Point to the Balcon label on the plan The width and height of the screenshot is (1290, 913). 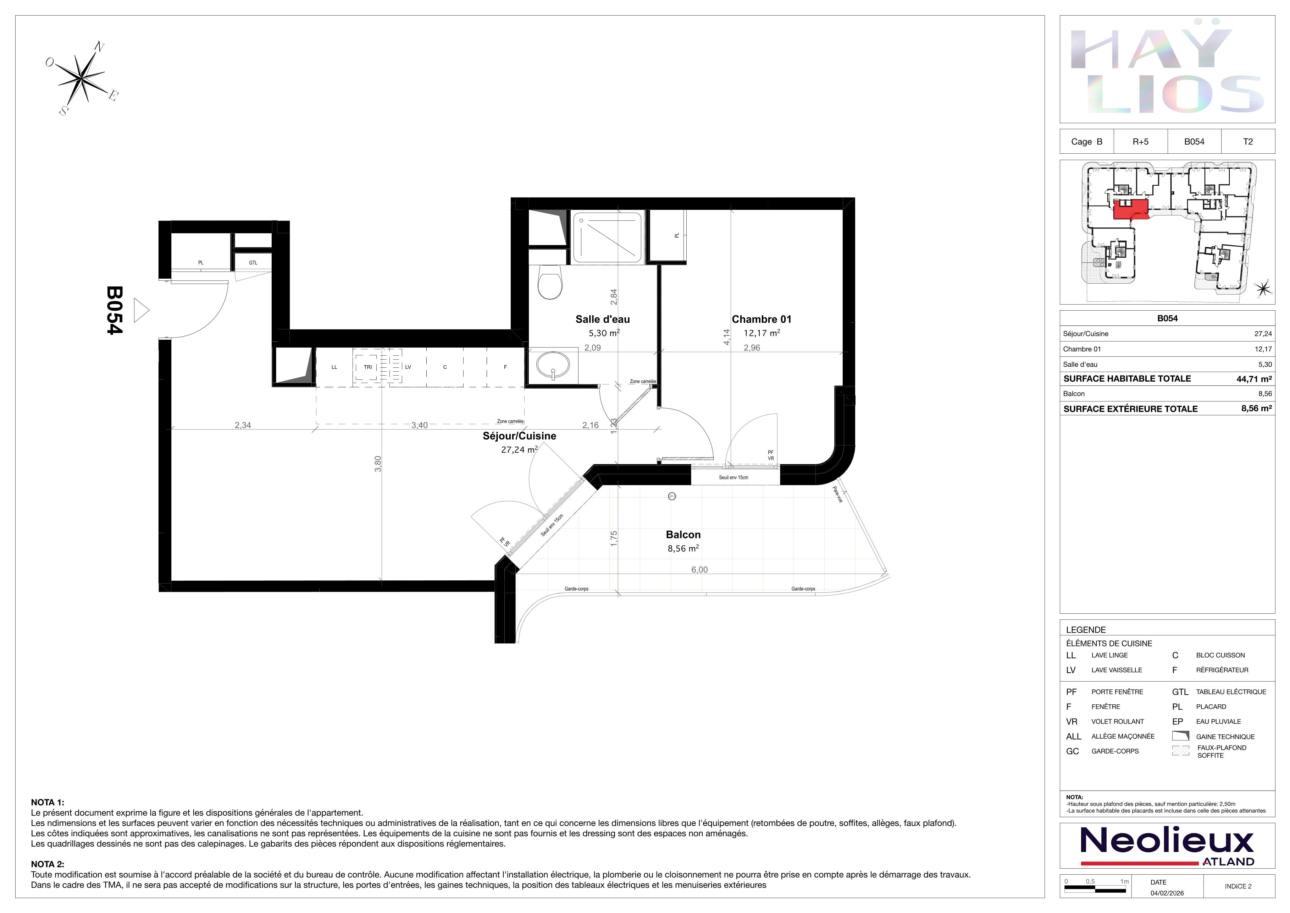click(x=683, y=535)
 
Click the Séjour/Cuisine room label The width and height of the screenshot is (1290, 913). click(x=519, y=436)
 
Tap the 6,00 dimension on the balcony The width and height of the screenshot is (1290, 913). click(x=699, y=569)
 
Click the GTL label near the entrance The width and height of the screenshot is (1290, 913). click(x=253, y=263)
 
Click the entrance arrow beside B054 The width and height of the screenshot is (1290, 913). click(x=142, y=310)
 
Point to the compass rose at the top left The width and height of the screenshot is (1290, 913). click(x=82, y=78)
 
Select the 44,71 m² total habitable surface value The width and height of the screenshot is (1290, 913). click(x=1254, y=379)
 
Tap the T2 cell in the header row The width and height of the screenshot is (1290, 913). click(x=1248, y=142)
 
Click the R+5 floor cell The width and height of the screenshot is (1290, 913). click(x=1141, y=142)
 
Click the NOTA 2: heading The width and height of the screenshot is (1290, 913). click(x=48, y=864)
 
